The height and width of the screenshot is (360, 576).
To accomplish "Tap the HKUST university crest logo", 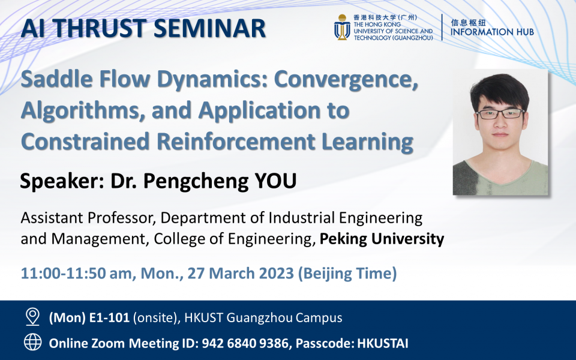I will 342,28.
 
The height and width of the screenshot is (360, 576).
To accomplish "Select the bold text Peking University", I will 382,239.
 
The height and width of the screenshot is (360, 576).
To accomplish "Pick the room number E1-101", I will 109,317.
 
